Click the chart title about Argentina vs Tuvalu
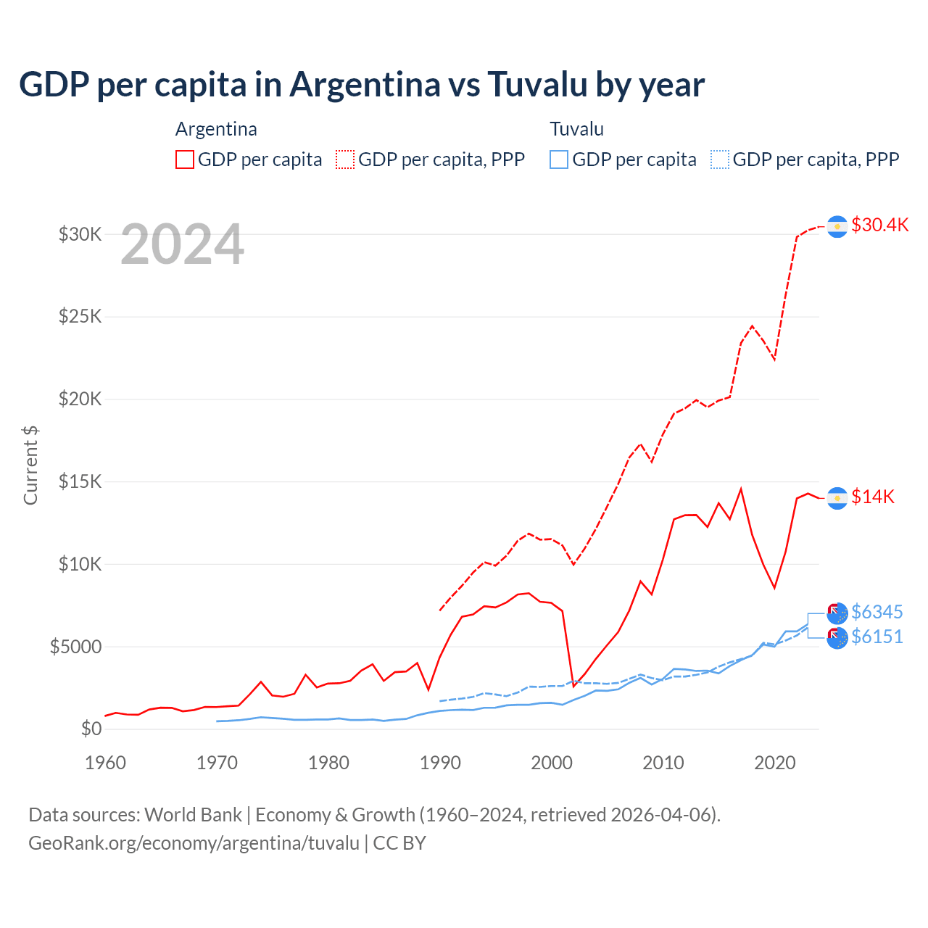(x=362, y=85)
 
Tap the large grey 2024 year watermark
(x=182, y=245)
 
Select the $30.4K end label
(x=879, y=225)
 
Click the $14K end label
(x=873, y=497)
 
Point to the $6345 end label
(x=877, y=612)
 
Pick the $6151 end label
(x=877, y=637)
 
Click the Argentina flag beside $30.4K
(x=837, y=226)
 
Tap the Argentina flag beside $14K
(x=837, y=498)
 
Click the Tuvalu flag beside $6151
(x=837, y=638)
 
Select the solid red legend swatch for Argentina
(x=185, y=159)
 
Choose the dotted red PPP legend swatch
(x=345, y=159)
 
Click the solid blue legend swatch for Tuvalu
(x=559, y=159)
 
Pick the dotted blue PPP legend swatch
(x=720, y=159)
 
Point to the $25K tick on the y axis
(x=80, y=317)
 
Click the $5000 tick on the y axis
(x=75, y=647)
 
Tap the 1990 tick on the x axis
(x=440, y=763)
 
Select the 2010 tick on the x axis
(x=663, y=763)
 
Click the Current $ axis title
(x=30, y=465)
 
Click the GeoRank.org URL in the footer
(x=194, y=843)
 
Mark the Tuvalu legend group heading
(x=576, y=129)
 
